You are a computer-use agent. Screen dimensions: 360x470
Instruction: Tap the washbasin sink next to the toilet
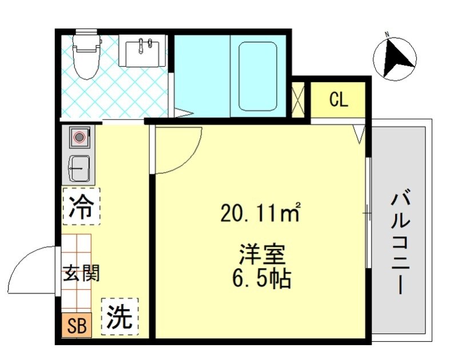click(142, 51)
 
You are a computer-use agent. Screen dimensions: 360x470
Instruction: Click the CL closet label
click(338, 99)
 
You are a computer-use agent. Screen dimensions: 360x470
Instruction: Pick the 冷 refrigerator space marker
click(81, 206)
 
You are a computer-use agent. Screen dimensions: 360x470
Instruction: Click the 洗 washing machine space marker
click(120, 315)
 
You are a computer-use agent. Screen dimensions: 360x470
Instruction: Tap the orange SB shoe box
click(77, 326)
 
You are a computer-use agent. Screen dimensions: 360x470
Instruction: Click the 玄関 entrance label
click(81, 273)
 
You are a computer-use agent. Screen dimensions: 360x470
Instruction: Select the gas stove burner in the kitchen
click(79, 138)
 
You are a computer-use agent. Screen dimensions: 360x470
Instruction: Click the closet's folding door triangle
click(359, 134)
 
